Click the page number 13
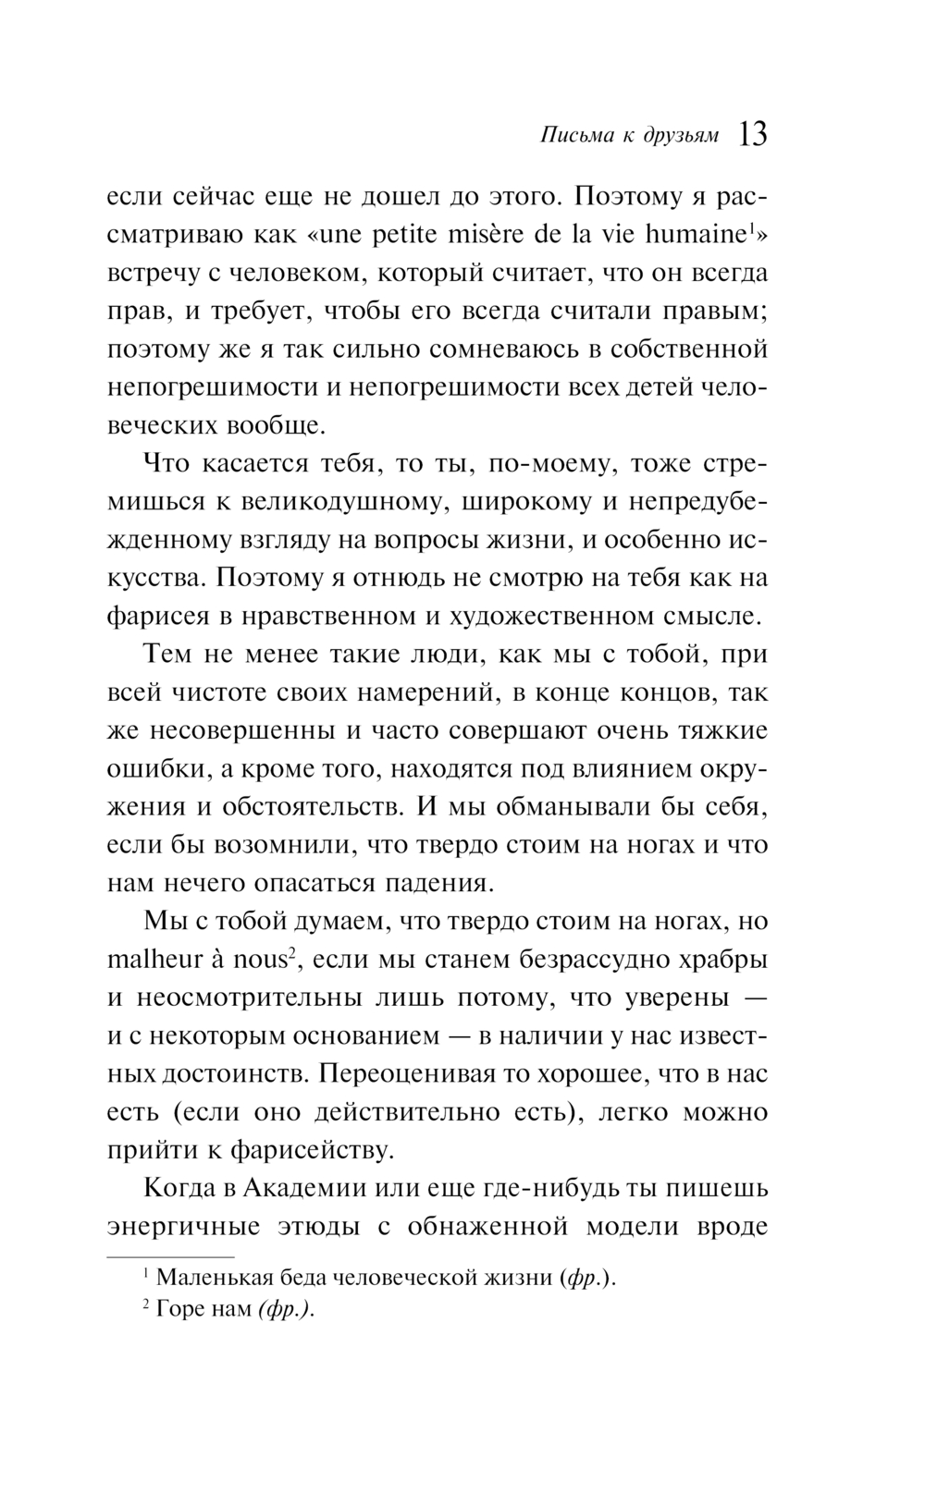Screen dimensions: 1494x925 [753, 134]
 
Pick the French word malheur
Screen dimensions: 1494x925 [154, 959]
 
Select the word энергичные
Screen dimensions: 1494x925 [184, 1226]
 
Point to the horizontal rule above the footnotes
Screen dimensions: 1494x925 [171, 1258]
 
